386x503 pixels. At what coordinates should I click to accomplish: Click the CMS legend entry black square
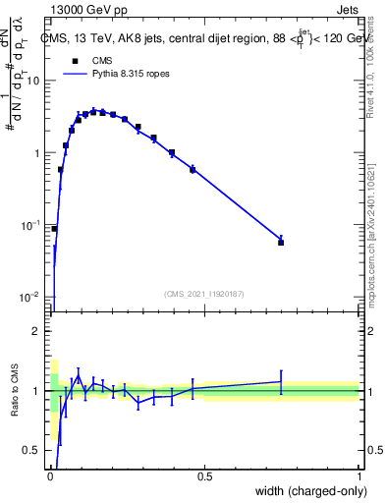coord(75,61)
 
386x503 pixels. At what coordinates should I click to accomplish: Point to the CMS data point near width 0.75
coord(281,242)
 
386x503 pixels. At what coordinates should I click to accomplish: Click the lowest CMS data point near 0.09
coord(54,229)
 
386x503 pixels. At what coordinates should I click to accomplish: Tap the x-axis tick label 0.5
coord(204,476)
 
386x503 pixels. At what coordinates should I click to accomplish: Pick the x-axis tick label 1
coord(359,476)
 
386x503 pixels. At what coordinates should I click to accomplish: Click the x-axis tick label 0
coord(49,476)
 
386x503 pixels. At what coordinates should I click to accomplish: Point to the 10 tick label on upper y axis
coord(33,81)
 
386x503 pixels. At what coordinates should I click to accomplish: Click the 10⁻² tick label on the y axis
coord(30,297)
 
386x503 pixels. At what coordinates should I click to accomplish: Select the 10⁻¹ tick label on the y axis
coord(30,225)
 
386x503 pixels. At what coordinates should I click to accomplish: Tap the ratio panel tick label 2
coord(37,331)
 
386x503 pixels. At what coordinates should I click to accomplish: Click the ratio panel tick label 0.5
coord(33,450)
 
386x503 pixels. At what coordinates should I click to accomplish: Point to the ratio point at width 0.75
coord(281,382)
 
